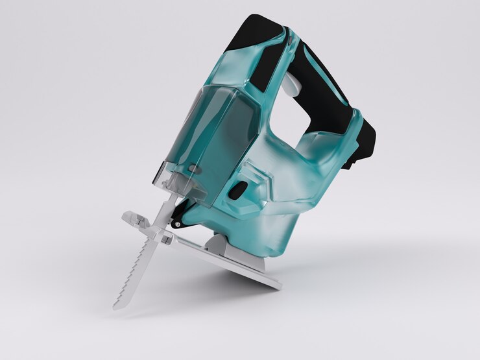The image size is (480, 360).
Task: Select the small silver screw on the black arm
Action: point(176,224)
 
